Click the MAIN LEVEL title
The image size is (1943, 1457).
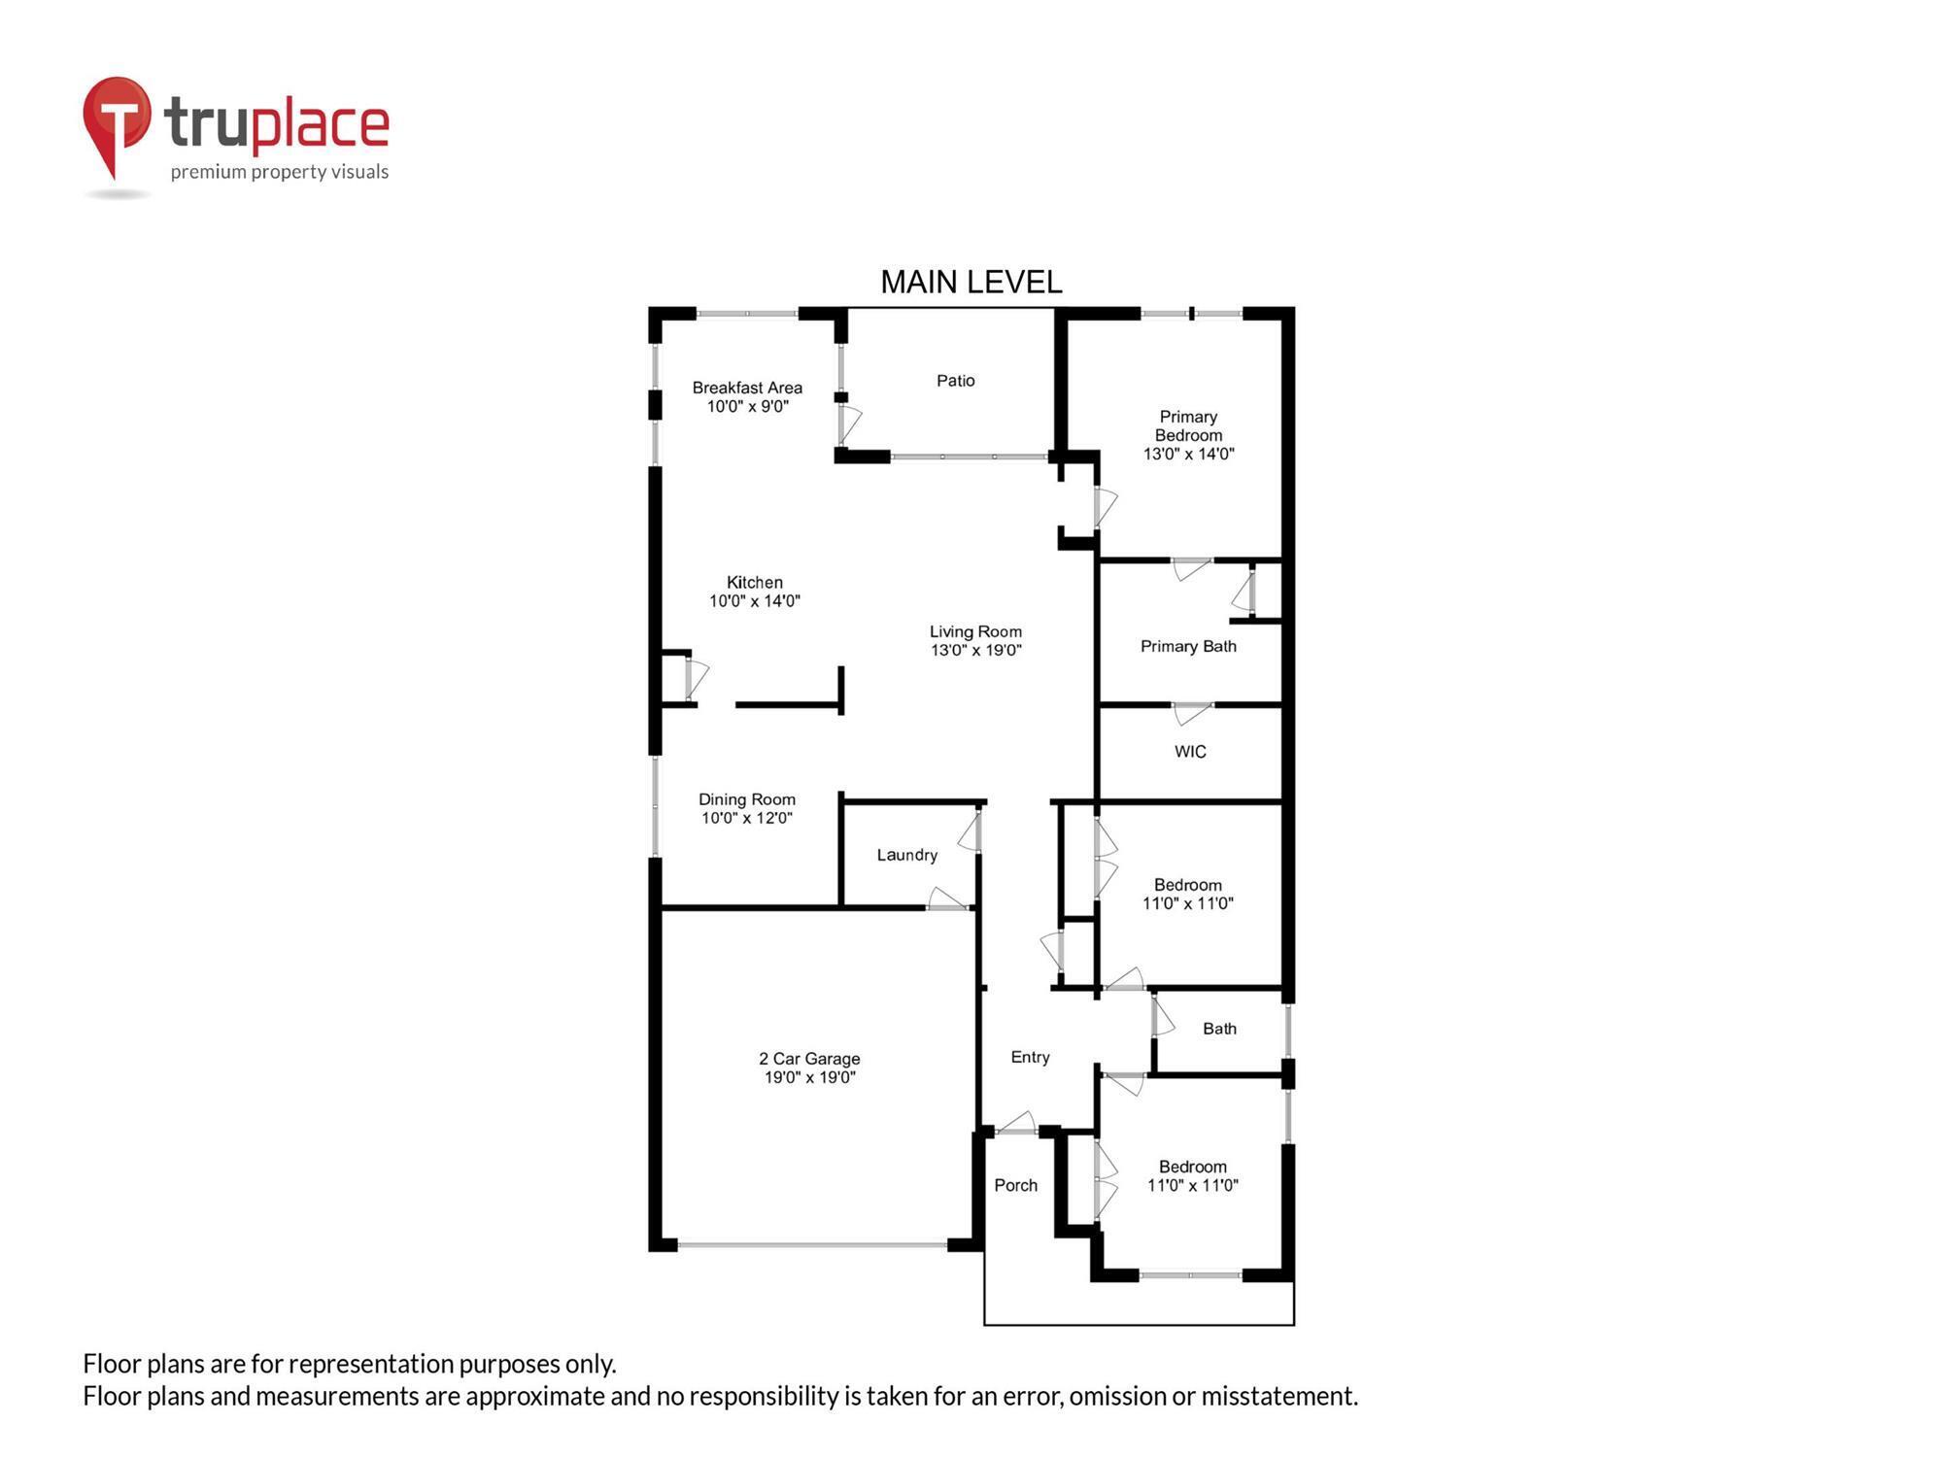pyautogui.click(x=971, y=283)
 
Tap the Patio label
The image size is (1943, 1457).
pyautogui.click(x=955, y=381)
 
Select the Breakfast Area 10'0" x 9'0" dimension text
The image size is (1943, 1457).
pyautogui.click(x=747, y=407)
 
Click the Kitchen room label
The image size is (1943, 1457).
pyautogui.click(x=754, y=583)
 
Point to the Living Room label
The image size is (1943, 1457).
pyautogui.click(x=975, y=631)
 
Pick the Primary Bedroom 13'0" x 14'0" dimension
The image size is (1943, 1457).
pyautogui.click(x=1188, y=454)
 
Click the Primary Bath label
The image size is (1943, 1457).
pyautogui.click(x=1187, y=647)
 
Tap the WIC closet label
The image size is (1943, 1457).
pyautogui.click(x=1189, y=752)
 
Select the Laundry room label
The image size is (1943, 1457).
pyautogui.click(x=906, y=855)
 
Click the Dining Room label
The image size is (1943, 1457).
pyautogui.click(x=746, y=799)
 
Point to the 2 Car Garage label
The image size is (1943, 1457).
pyautogui.click(x=808, y=1059)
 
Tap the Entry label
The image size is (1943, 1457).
pyautogui.click(x=1030, y=1057)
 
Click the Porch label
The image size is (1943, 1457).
pyautogui.click(x=1015, y=1185)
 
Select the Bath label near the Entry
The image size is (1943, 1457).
pyautogui.click(x=1219, y=1029)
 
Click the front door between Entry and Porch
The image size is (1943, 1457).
pyautogui.click(x=1016, y=1127)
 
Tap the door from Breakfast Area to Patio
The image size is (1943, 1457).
pyautogui.click(x=848, y=424)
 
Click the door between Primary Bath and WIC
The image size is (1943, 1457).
pyautogui.click(x=1192, y=712)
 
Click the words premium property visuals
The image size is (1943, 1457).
pyautogui.click(x=279, y=172)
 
